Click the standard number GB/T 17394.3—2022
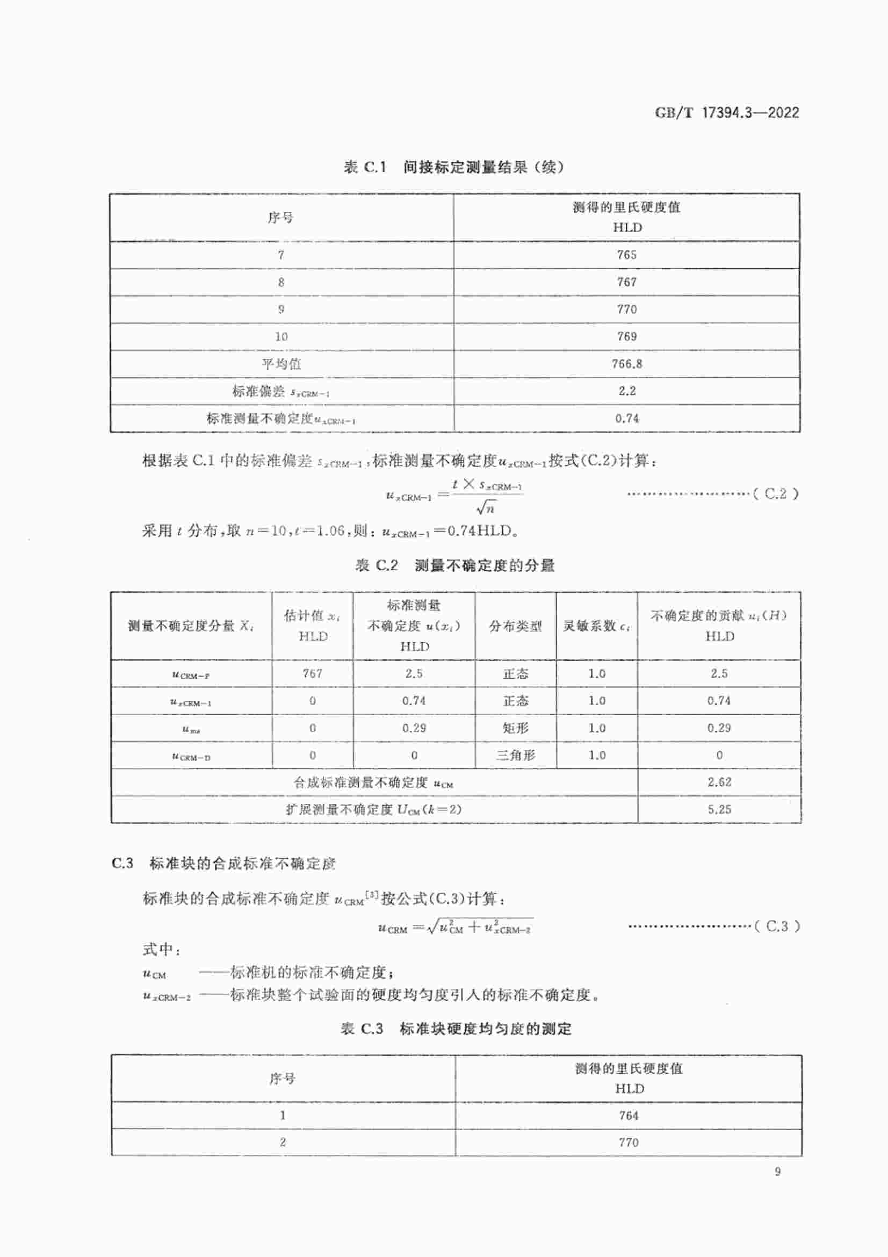[x=727, y=113]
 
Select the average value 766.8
[x=626, y=364]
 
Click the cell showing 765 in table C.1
[x=626, y=255]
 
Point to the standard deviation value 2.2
[x=626, y=391]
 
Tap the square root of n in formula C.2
[x=485, y=508]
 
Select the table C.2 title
[x=454, y=565]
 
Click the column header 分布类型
[x=515, y=626]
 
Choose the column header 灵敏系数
[x=596, y=626]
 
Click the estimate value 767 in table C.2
[x=313, y=673]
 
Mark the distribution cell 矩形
[x=515, y=728]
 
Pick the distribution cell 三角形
[x=515, y=756]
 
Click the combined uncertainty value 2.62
[x=719, y=782]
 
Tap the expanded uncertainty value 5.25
[x=719, y=810]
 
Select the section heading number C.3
[x=122, y=864]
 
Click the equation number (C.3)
[x=777, y=926]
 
